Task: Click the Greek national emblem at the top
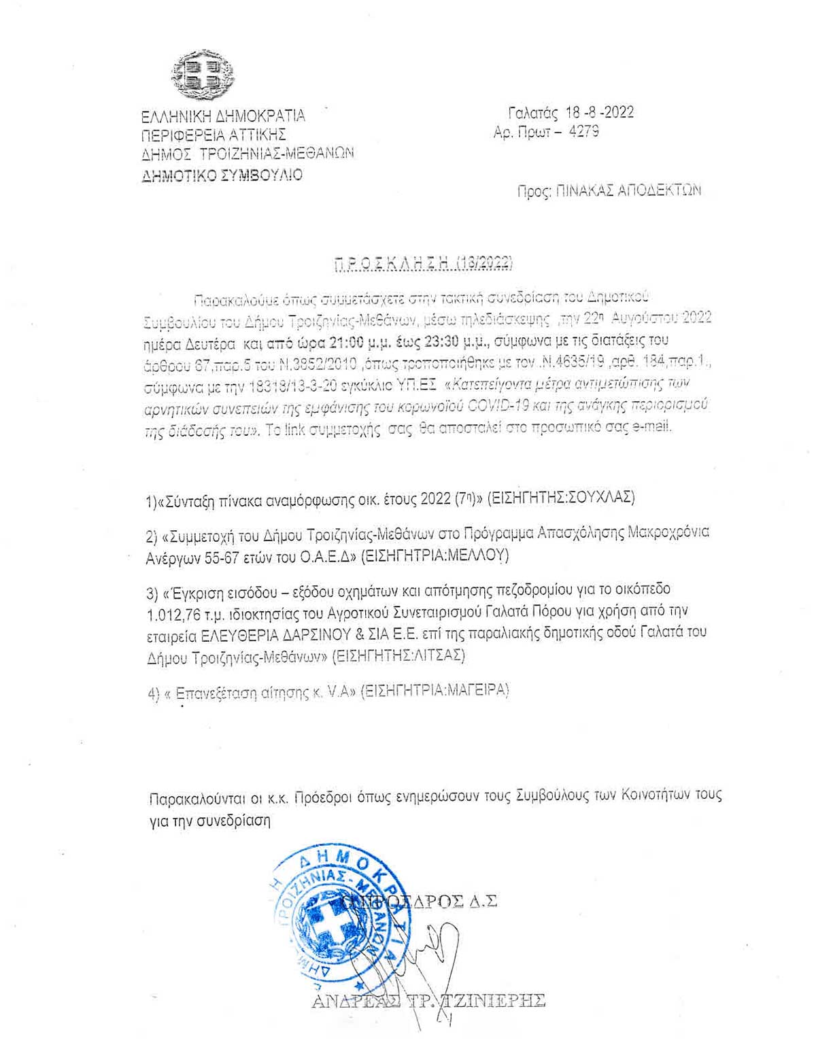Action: point(203,74)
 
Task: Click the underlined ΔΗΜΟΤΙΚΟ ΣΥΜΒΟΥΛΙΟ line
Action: point(222,175)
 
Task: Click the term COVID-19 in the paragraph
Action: point(488,406)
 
